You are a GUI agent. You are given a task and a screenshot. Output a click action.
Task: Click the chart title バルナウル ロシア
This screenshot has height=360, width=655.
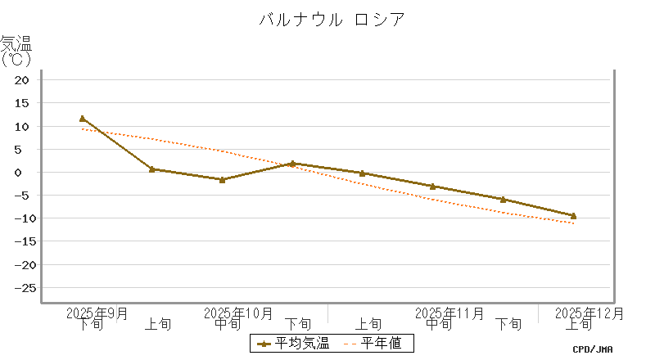[332, 20]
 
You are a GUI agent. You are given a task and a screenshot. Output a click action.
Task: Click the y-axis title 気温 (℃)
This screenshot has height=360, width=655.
[16, 51]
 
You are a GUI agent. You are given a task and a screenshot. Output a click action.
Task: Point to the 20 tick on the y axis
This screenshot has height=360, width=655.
[22, 80]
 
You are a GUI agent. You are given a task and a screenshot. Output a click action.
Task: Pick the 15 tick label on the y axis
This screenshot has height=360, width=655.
[22, 103]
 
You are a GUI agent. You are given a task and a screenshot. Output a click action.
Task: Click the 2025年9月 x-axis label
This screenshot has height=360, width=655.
[97, 313]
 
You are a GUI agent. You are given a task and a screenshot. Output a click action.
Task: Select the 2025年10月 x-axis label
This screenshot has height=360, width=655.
[237, 313]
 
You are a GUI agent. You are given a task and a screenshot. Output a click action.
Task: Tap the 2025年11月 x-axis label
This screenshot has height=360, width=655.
[449, 313]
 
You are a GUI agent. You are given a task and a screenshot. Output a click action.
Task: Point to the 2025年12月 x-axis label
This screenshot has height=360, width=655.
[589, 313]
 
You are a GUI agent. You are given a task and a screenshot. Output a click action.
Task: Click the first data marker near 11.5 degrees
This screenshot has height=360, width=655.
[83, 119]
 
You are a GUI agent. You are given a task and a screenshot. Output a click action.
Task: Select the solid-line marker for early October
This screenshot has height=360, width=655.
[152, 169]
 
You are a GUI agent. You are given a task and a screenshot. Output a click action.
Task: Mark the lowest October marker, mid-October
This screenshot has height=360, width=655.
[223, 179]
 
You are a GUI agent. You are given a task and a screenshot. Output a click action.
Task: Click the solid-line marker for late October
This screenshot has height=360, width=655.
[292, 164]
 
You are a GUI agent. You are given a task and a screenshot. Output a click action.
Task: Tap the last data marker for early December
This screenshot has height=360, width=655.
[573, 216]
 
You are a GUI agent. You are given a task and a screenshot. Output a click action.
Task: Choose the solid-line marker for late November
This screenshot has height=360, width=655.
[503, 200]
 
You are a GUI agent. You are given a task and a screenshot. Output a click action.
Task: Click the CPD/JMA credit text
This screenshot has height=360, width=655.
[593, 349]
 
